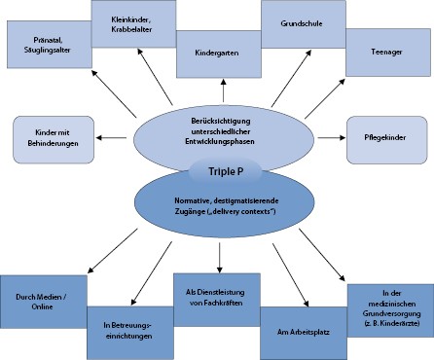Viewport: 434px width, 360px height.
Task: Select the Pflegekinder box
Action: pyautogui.click(x=386, y=138)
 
